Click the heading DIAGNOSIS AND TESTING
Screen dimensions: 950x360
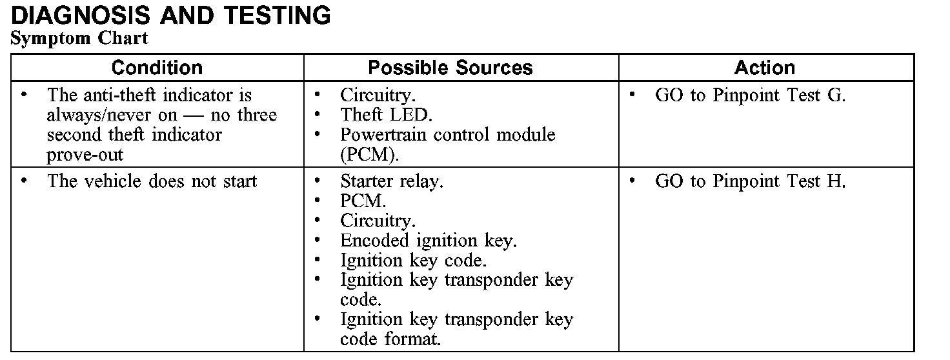[171, 15]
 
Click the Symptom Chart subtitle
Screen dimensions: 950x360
[79, 38]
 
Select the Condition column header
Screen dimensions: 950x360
[157, 68]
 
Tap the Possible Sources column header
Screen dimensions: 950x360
[450, 68]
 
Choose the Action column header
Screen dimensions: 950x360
[765, 68]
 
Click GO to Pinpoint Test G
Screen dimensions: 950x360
[750, 95]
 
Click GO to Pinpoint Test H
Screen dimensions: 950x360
[750, 181]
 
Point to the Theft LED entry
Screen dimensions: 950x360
[386, 115]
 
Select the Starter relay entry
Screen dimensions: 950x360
[392, 181]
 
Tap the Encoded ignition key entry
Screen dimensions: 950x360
[429, 241]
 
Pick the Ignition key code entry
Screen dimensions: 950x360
[413, 261]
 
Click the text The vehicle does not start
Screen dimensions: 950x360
[152, 181]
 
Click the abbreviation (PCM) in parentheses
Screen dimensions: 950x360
[369, 155]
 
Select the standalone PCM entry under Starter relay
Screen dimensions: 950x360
[363, 201]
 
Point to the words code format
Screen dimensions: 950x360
[390, 339]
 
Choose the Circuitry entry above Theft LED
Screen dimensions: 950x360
[378, 95]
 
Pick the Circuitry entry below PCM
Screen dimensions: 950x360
[378, 221]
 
